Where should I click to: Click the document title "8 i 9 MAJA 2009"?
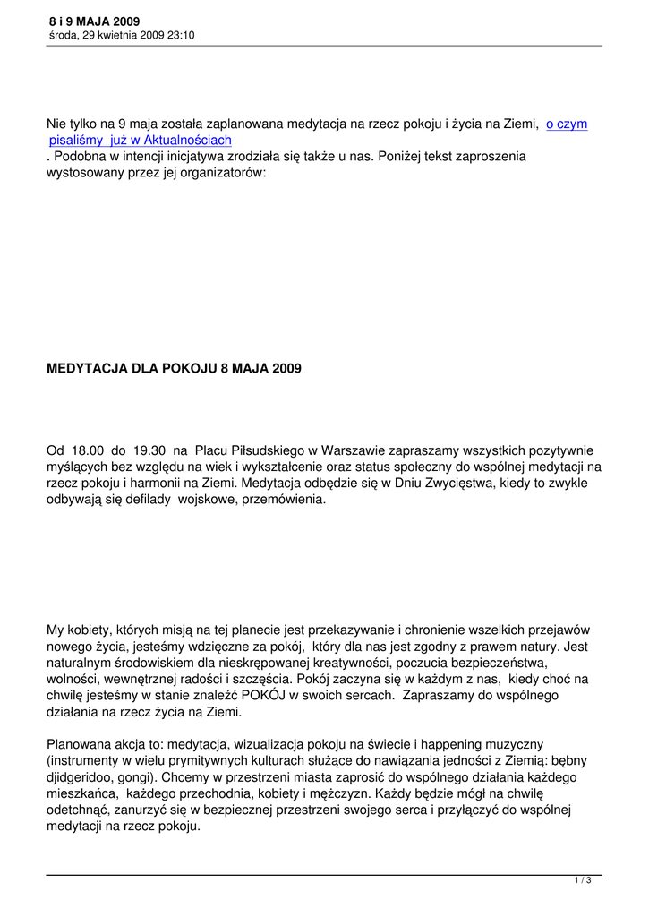(x=95, y=21)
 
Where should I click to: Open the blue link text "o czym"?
(x=567, y=124)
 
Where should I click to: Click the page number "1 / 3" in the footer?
(x=582, y=881)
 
